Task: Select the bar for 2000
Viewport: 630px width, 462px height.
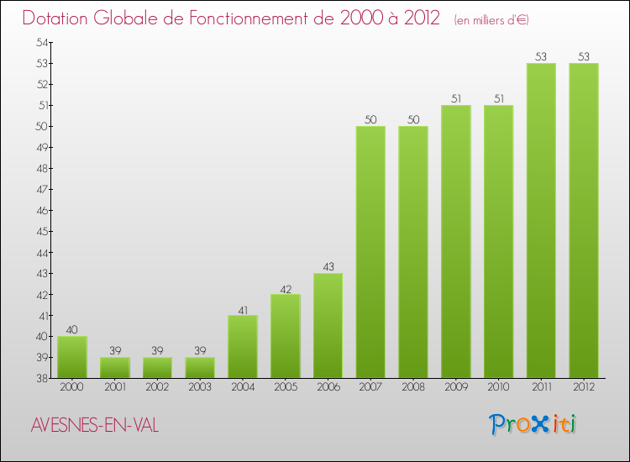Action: [72, 357]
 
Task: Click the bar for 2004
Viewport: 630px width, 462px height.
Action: [243, 346]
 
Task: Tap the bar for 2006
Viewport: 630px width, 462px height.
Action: [328, 325]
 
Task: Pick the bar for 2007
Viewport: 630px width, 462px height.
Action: [370, 252]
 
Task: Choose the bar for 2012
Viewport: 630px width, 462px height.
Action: [584, 220]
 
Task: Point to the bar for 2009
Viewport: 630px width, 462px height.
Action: [456, 241]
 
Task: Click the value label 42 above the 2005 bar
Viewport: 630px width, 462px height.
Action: [286, 287]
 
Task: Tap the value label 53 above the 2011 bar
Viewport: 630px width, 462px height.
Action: [541, 56]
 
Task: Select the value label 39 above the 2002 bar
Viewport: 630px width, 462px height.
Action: [157, 350]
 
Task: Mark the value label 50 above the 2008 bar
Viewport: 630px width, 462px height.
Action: [413, 119]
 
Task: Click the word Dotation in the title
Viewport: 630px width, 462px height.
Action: [56, 18]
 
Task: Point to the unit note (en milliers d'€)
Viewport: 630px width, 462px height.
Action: [491, 20]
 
